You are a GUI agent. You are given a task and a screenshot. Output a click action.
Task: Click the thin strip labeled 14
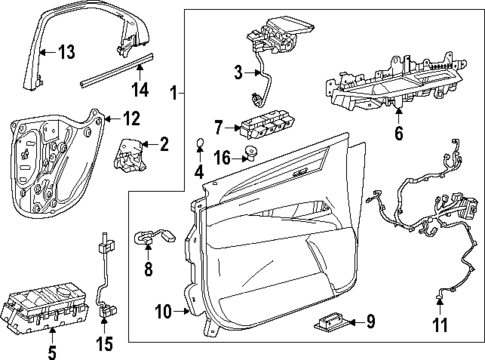[110, 76]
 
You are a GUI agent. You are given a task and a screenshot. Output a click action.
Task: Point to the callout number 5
[52, 352]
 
